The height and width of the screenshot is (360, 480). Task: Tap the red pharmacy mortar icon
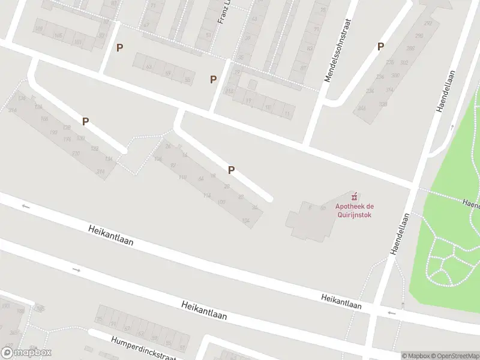(354, 196)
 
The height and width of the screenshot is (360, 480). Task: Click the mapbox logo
(26, 353)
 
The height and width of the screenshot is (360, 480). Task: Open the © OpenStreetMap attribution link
(455, 356)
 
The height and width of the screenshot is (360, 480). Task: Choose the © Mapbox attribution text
(416, 356)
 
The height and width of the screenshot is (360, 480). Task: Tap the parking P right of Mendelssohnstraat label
(380, 46)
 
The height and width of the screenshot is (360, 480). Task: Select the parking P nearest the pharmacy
(231, 170)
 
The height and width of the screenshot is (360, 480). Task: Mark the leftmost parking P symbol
(86, 121)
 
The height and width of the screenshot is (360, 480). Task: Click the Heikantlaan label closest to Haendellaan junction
(341, 302)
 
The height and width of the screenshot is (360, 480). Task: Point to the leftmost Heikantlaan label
(110, 236)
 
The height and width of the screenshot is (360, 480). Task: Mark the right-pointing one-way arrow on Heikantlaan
(77, 270)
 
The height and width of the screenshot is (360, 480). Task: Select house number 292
(428, 23)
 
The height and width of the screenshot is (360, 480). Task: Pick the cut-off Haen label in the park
(470, 204)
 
